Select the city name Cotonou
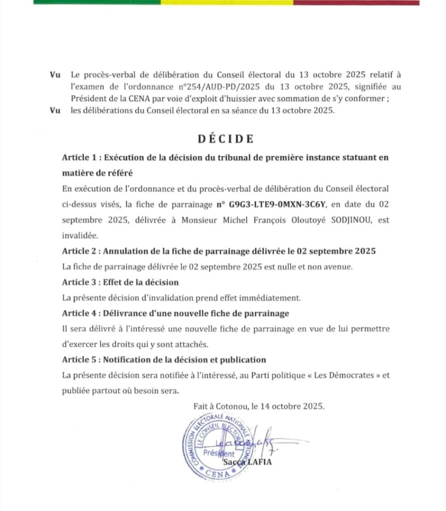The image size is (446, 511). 234,406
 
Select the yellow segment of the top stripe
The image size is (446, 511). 227,2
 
